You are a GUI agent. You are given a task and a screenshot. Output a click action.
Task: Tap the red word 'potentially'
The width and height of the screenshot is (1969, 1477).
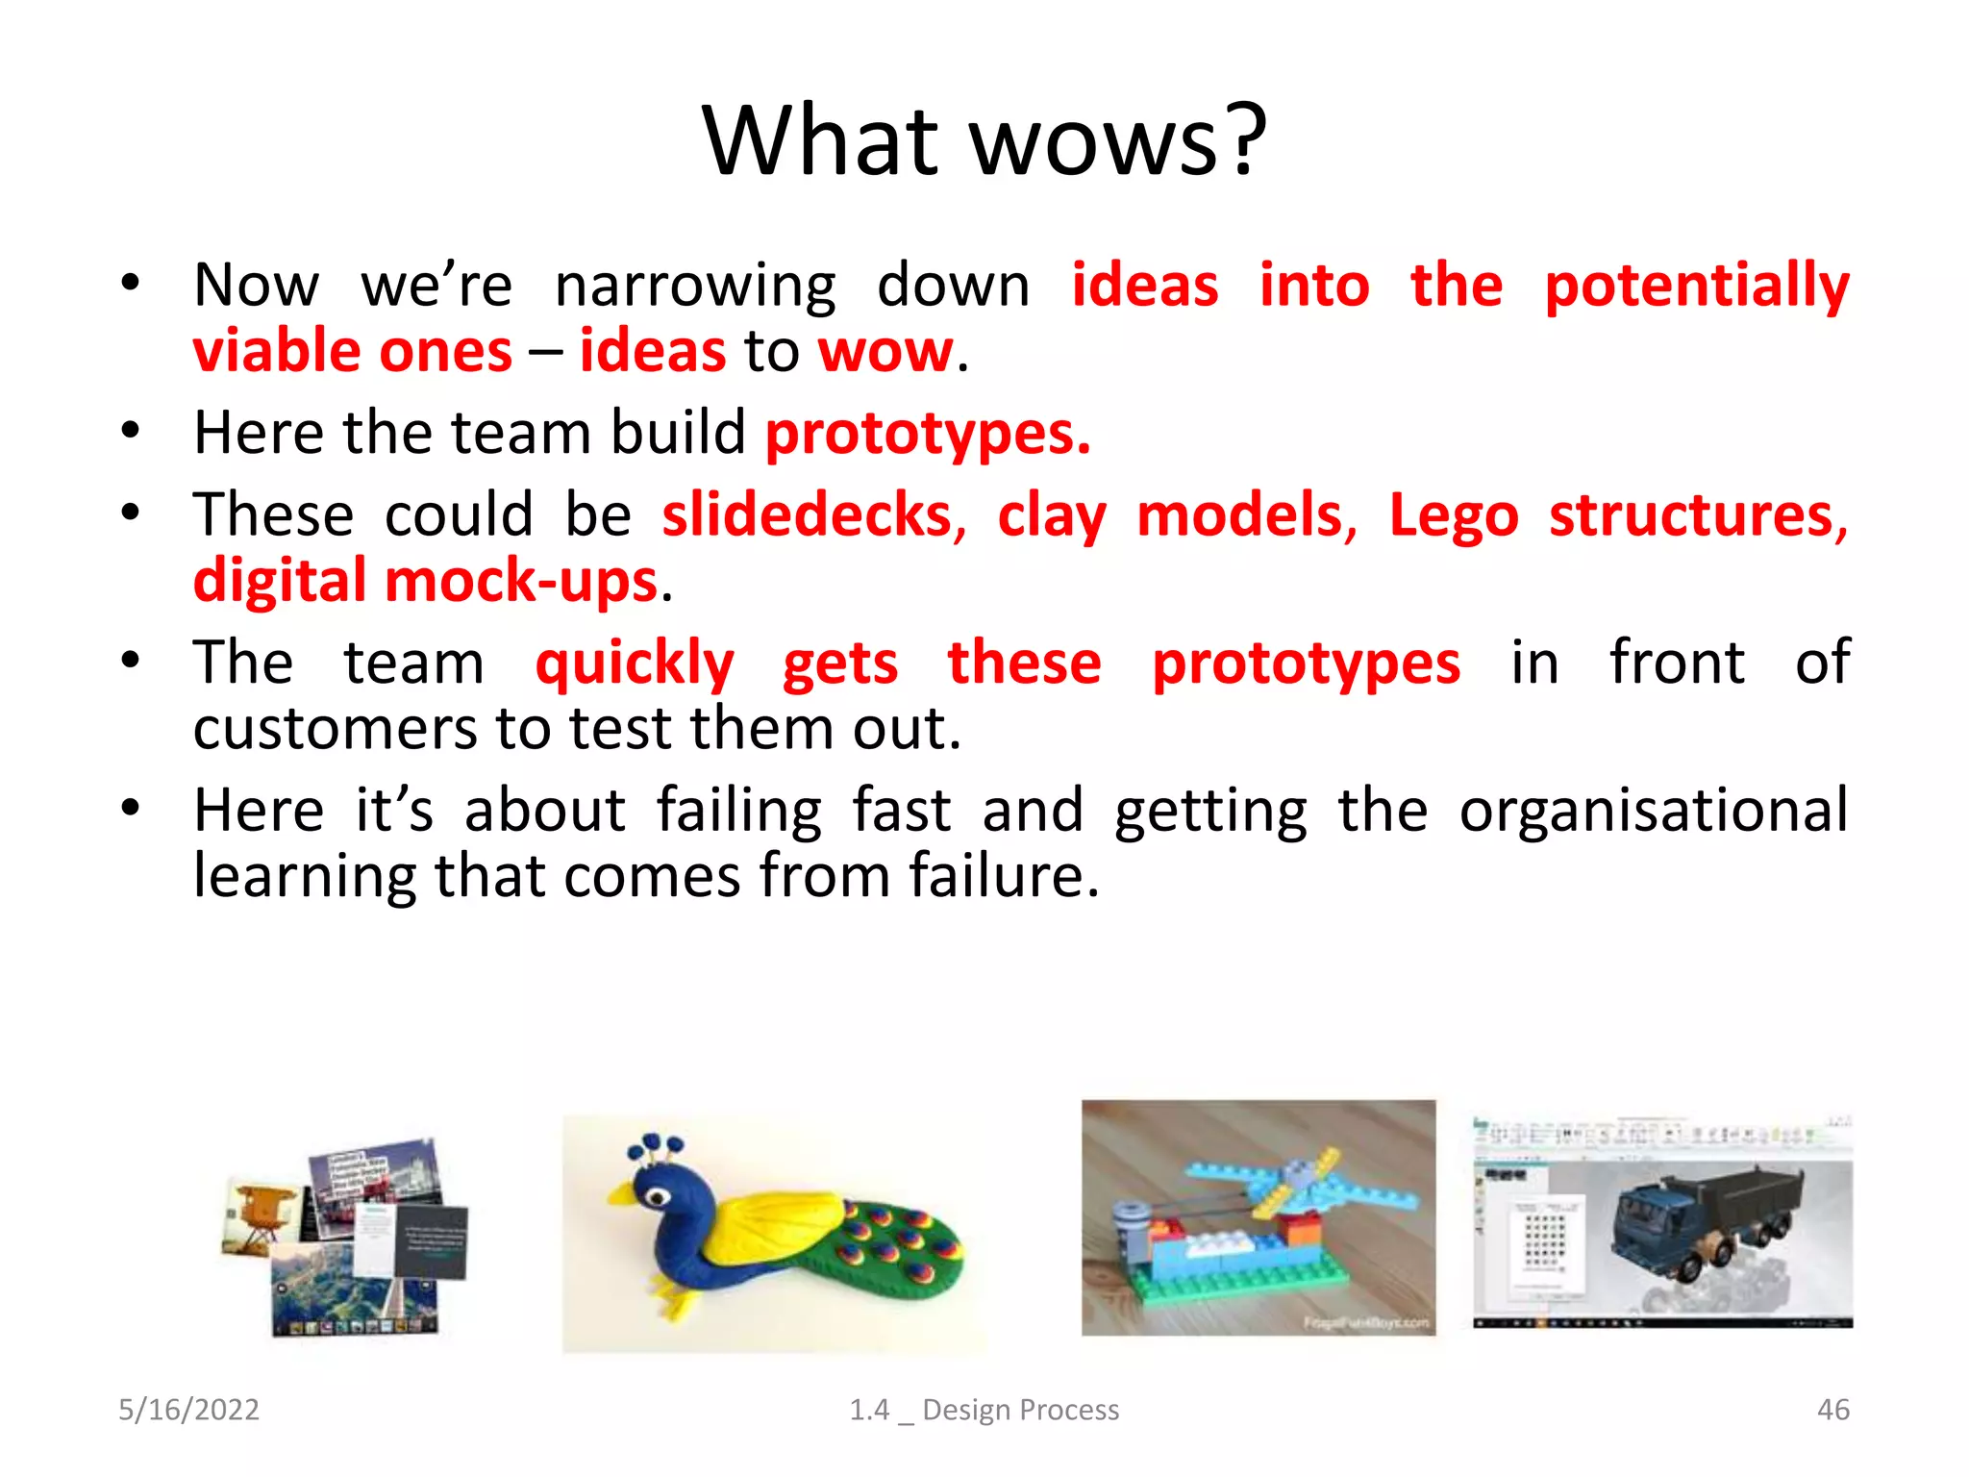[1696, 287]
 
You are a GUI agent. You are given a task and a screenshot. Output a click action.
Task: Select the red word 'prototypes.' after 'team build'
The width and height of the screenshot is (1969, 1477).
[928, 434]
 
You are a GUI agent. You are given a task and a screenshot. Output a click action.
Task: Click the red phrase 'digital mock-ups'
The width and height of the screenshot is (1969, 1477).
[425, 582]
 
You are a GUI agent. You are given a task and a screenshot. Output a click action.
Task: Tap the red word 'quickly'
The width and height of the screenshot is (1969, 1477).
[635, 664]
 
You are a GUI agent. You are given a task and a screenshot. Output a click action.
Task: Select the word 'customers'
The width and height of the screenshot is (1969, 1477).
[335, 729]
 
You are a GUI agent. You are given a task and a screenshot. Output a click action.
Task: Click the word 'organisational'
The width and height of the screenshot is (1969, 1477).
[1653, 811]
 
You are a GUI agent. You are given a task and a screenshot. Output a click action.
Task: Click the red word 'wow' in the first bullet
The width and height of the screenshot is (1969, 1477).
[885, 352]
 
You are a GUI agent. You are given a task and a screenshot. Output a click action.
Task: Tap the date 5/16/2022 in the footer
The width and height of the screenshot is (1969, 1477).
[188, 1410]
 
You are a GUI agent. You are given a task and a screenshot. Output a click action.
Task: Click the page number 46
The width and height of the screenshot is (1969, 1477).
[1832, 1410]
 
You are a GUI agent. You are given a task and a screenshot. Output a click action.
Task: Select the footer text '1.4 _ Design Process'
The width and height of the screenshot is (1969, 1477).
[984, 1410]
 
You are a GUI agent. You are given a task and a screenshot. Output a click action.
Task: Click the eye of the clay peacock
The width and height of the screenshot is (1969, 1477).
[658, 1196]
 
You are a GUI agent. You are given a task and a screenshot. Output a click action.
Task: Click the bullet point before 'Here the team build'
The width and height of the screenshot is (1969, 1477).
[131, 432]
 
